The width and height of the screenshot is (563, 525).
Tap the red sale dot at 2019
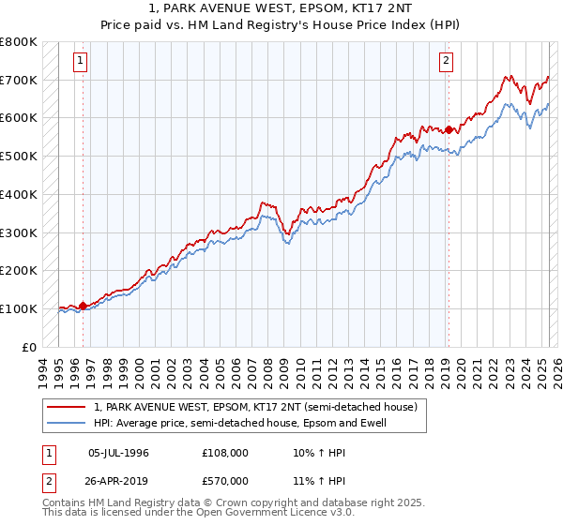click(449, 129)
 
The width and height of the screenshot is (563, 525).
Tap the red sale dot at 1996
click(83, 305)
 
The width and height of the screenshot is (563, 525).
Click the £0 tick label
click(31, 347)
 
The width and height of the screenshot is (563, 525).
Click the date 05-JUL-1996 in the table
click(118, 453)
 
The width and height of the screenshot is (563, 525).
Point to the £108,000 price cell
click(225, 453)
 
